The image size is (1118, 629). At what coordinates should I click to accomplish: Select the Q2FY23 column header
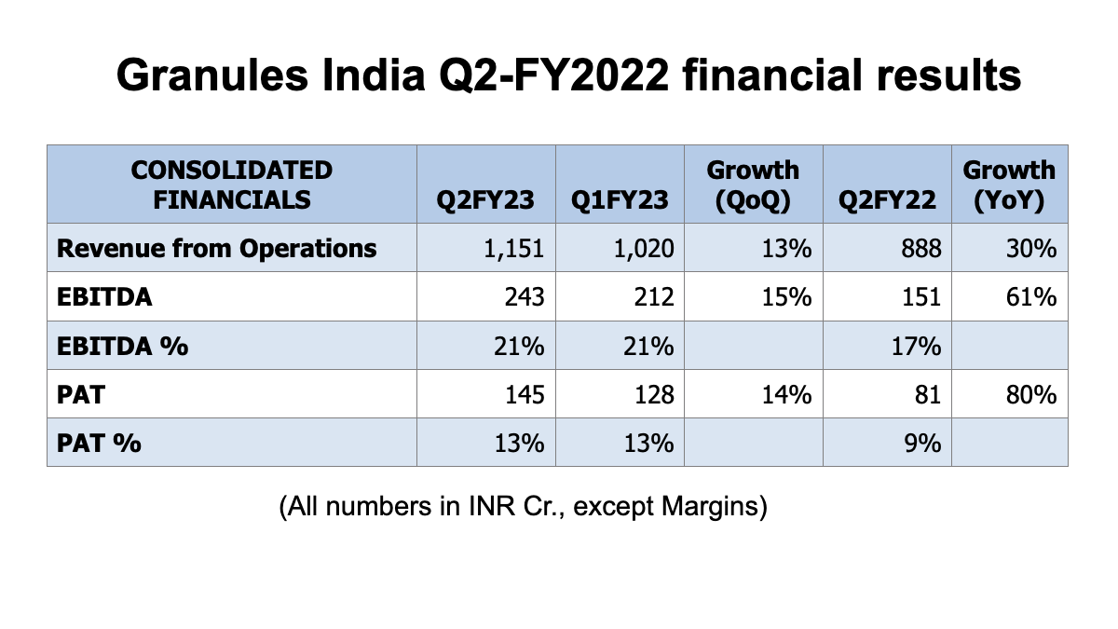click(x=486, y=199)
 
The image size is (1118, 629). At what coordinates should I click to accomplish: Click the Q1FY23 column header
click(x=620, y=199)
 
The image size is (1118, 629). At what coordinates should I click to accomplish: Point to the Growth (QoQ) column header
click(x=753, y=185)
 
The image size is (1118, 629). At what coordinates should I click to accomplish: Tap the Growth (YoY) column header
click(x=1009, y=185)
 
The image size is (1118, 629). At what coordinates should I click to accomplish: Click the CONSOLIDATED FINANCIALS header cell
click(x=232, y=185)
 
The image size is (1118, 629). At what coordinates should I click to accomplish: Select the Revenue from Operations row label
click(x=217, y=249)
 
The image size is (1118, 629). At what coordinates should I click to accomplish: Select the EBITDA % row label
click(x=122, y=346)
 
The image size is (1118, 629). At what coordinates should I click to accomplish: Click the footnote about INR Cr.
click(x=522, y=508)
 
